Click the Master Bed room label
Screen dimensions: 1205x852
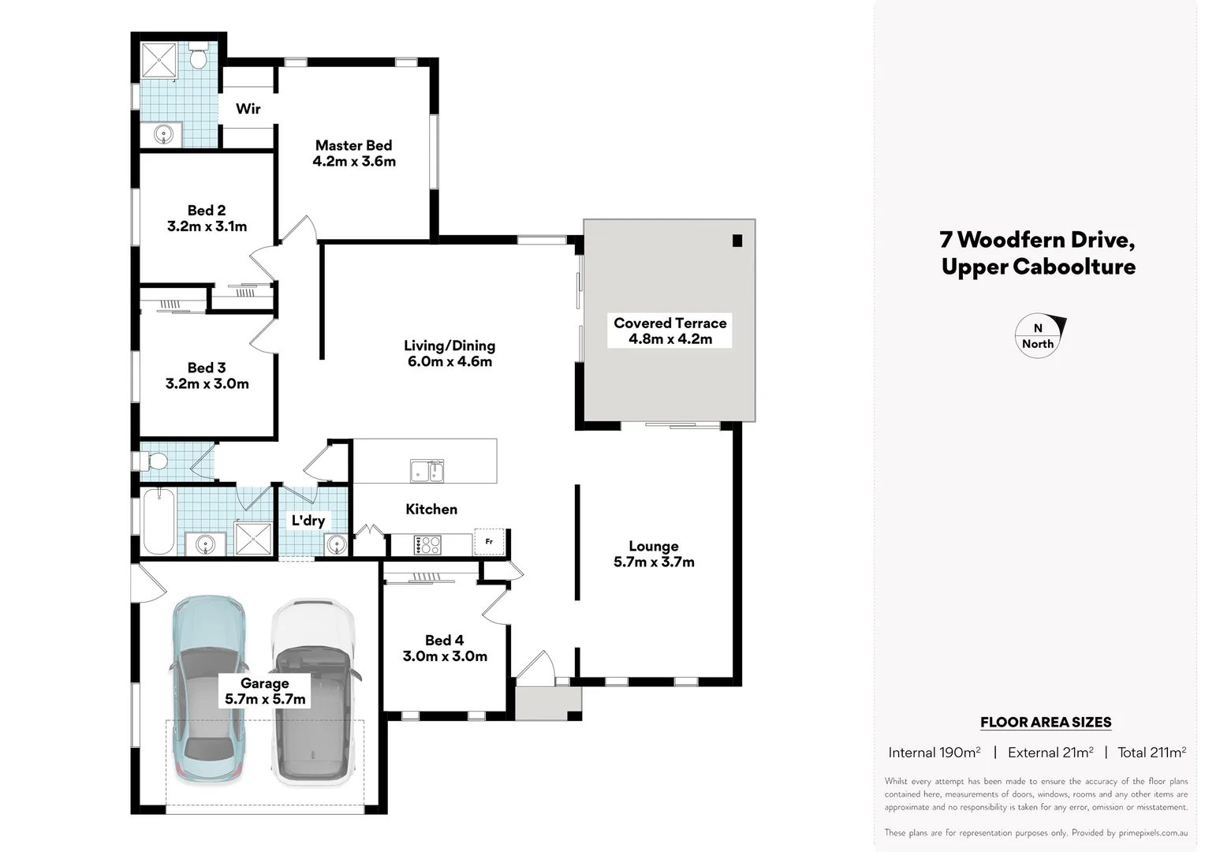[x=353, y=145]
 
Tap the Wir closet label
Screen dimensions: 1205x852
[x=248, y=109]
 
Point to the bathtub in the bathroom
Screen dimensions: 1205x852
[x=159, y=521]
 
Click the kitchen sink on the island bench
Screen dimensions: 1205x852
[x=427, y=470]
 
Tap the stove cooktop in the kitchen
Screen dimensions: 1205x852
[x=427, y=544]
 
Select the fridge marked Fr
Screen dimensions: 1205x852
[x=489, y=542]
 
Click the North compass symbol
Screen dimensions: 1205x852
[x=1039, y=336]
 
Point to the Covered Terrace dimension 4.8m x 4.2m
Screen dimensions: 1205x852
[x=670, y=339]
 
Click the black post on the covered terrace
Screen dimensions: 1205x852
[x=737, y=241]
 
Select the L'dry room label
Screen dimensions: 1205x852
[x=308, y=521]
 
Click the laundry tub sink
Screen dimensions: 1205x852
[x=337, y=544]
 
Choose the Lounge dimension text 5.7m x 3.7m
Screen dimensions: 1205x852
[x=654, y=562]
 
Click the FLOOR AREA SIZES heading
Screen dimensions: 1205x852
[x=1046, y=722]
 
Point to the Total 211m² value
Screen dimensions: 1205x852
[x=1151, y=753]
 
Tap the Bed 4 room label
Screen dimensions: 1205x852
[x=444, y=641]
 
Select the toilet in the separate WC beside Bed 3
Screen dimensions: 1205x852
[x=155, y=461]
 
